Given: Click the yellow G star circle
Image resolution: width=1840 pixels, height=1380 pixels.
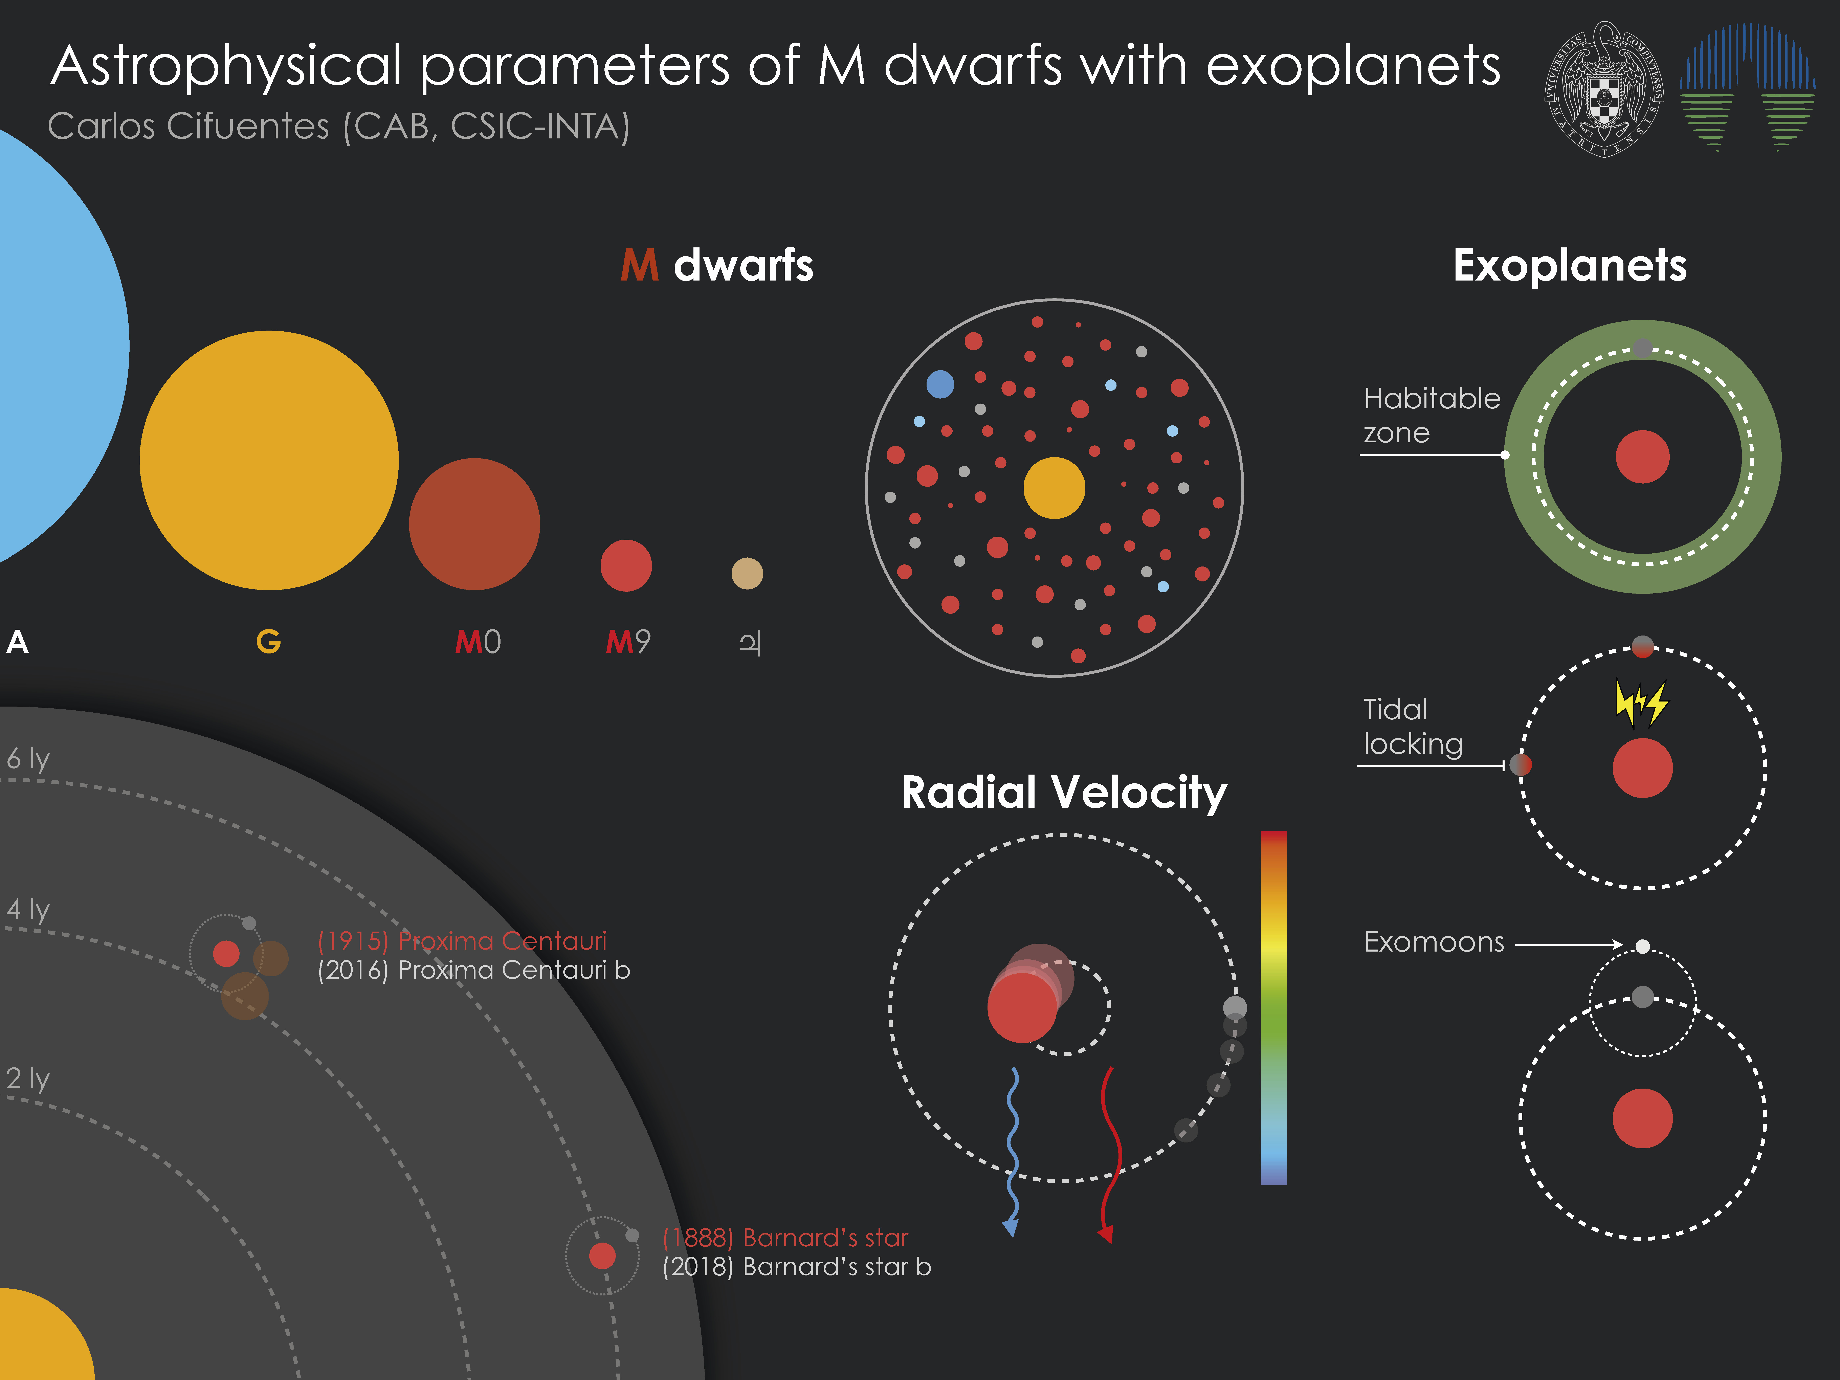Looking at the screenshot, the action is click(x=269, y=460).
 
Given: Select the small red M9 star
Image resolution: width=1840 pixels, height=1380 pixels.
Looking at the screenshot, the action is click(x=625, y=566).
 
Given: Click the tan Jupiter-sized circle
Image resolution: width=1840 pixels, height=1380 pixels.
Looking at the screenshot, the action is click(x=747, y=573).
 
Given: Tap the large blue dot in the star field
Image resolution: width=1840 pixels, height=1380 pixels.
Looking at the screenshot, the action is click(x=940, y=384).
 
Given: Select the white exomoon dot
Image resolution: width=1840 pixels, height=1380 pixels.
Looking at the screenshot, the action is click(x=1643, y=946).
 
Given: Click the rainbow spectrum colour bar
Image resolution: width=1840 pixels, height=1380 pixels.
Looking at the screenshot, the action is click(x=1273, y=1007).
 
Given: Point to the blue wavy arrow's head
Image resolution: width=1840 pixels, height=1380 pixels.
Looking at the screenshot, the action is click(x=1011, y=1228).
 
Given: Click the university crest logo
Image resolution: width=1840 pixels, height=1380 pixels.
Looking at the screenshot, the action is click(x=1605, y=89).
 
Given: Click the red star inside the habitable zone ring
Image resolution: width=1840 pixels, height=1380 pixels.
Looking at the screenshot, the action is click(x=1643, y=457).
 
